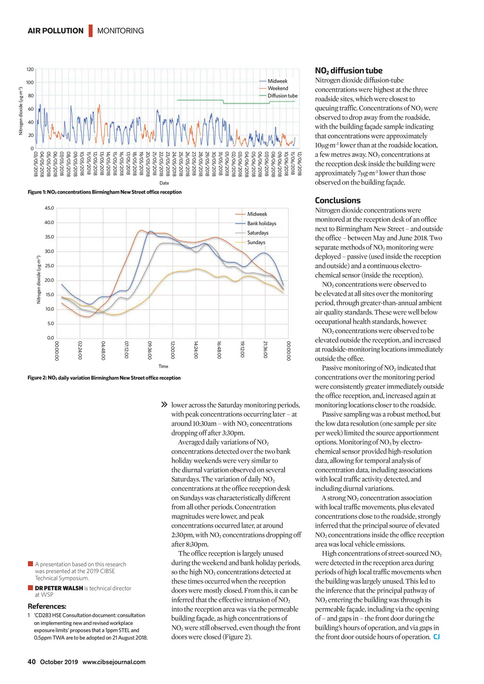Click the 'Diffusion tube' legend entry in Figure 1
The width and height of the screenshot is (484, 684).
click(x=282, y=95)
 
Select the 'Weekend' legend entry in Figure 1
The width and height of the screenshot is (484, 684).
click(x=277, y=88)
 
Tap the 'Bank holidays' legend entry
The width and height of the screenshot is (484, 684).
click(x=261, y=223)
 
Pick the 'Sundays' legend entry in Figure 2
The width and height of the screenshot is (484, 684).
click(x=256, y=242)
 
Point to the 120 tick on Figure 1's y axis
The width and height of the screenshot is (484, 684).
click(x=30, y=69)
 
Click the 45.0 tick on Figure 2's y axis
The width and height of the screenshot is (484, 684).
click(x=49, y=208)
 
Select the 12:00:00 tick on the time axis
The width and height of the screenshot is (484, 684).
click(x=173, y=350)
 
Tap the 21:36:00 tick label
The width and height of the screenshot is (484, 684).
click(x=265, y=350)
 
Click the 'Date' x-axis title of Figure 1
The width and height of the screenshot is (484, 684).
click(x=164, y=183)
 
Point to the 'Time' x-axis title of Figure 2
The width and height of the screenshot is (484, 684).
click(x=163, y=366)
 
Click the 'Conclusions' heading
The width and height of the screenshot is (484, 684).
click(x=337, y=200)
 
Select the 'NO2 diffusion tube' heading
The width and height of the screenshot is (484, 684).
click(x=349, y=70)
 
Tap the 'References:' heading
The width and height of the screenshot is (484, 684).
click(x=47, y=606)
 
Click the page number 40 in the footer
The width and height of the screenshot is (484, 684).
click(x=32, y=662)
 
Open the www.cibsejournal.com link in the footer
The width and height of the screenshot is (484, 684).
click(x=114, y=662)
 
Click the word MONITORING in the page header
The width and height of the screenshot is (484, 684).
click(x=121, y=31)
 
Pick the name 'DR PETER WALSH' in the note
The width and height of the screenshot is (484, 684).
click(x=59, y=588)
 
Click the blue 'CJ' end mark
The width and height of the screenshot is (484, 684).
click(x=436, y=637)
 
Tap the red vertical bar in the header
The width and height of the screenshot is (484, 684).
click(x=90, y=31)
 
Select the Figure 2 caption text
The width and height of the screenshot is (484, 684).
click(x=104, y=378)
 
